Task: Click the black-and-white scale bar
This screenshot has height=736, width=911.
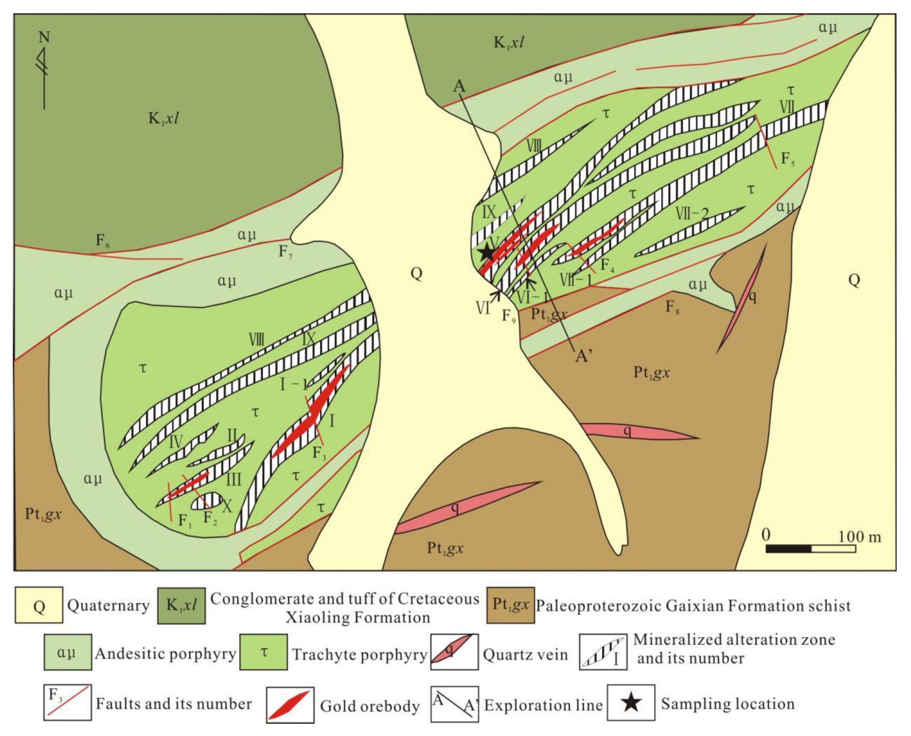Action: (x=810, y=548)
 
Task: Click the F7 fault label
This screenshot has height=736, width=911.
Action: (x=285, y=252)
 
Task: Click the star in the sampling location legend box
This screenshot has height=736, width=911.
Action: (x=631, y=703)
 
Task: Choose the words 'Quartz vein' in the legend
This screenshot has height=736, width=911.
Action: (x=525, y=655)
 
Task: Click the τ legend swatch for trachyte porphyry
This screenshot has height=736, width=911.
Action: (x=263, y=652)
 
